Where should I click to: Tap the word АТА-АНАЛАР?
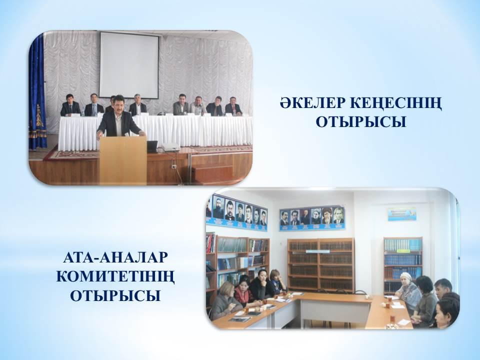pyautogui.click(x=115, y=257)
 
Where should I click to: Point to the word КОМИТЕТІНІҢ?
pyautogui.click(x=115, y=277)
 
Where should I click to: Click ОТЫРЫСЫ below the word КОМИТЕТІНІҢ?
pyautogui.click(x=115, y=295)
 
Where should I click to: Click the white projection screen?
pyautogui.click(x=129, y=65)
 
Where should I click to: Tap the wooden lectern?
pyautogui.click(x=123, y=160)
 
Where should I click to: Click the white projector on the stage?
pyautogui.click(x=170, y=147)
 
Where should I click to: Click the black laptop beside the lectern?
pyautogui.click(x=152, y=146)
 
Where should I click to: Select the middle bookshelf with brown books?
pyautogui.click(x=320, y=264)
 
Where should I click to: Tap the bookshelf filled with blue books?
pyautogui.click(x=403, y=264)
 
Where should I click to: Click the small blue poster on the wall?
pyautogui.click(x=402, y=214)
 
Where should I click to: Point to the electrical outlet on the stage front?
pyautogui.click(x=173, y=166)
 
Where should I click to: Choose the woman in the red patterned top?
pyautogui.click(x=243, y=293)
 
